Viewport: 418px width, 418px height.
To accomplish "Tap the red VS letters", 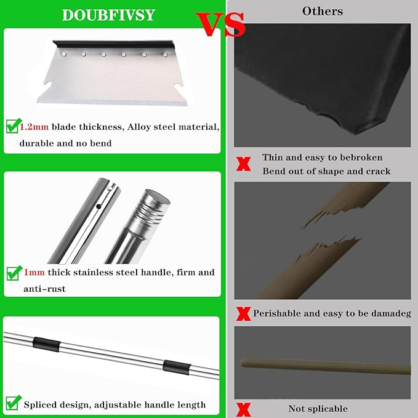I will tap(221, 25).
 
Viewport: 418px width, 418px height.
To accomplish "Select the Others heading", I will tap(323, 11).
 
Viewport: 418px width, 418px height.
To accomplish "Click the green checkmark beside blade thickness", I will tap(12, 127).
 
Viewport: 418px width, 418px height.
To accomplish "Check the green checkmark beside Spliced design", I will tap(12, 403).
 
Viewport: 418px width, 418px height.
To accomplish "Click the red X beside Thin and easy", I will tap(244, 164).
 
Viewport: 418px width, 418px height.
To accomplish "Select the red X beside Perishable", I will tap(244, 314).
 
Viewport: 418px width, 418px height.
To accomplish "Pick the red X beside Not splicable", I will tap(244, 408).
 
